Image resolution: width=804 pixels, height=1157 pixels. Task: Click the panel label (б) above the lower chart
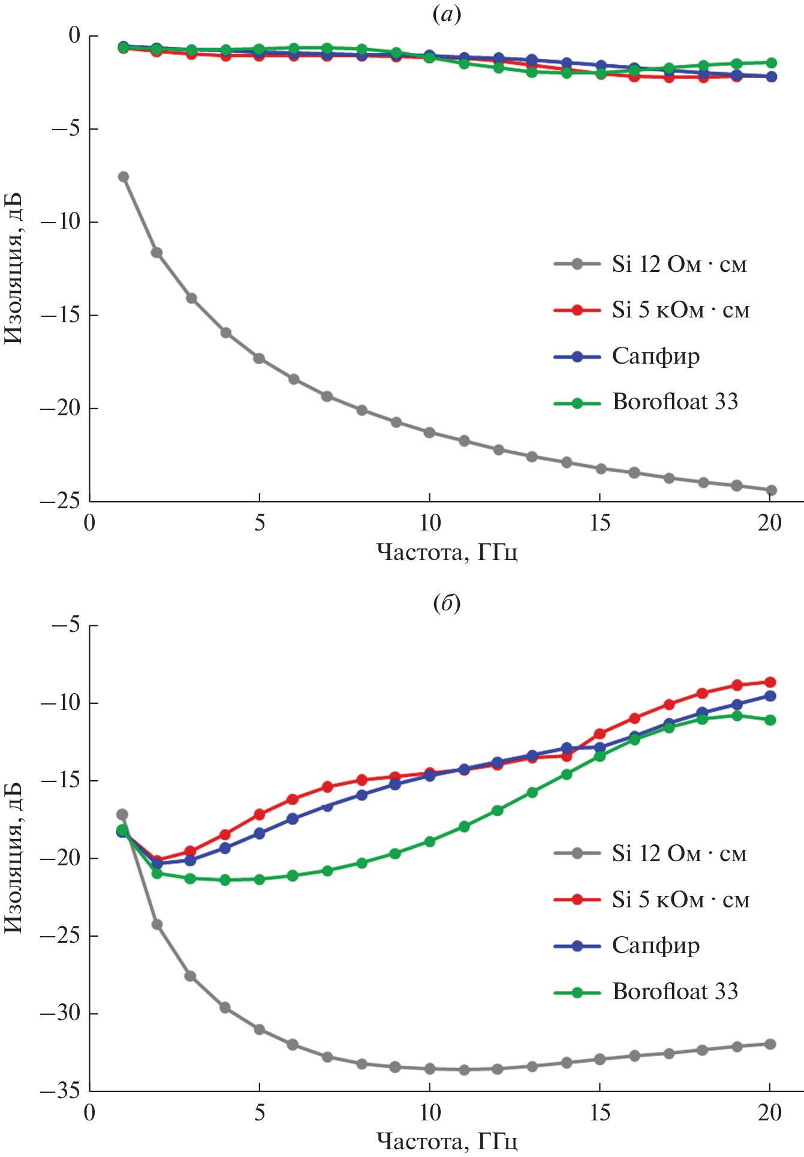pos(447,604)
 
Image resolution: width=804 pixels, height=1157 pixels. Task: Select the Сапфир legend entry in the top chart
pos(655,356)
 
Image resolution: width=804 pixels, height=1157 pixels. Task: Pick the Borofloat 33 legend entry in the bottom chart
pos(674,991)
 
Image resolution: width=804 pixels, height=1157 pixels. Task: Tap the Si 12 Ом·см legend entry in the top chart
pos(679,264)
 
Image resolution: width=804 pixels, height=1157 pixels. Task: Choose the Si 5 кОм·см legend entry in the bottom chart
pos(680,900)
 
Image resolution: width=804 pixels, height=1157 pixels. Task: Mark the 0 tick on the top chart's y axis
pos(74,35)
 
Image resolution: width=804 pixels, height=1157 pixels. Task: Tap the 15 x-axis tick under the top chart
pos(600,523)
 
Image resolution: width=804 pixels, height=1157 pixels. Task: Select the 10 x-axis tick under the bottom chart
pos(429,1113)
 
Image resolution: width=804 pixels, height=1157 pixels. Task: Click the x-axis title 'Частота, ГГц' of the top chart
pos(447,551)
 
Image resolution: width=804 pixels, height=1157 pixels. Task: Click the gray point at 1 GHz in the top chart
pos(124,176)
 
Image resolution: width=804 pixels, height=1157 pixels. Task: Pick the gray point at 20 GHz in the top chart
pos(770,490)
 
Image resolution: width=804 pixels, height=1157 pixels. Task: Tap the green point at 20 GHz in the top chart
pos(770,63)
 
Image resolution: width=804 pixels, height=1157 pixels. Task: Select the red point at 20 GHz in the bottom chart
pos(770,682)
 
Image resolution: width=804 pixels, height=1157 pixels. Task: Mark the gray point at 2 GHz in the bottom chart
pos(157,925)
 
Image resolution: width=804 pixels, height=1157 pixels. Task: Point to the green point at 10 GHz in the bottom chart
pos(429,841)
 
